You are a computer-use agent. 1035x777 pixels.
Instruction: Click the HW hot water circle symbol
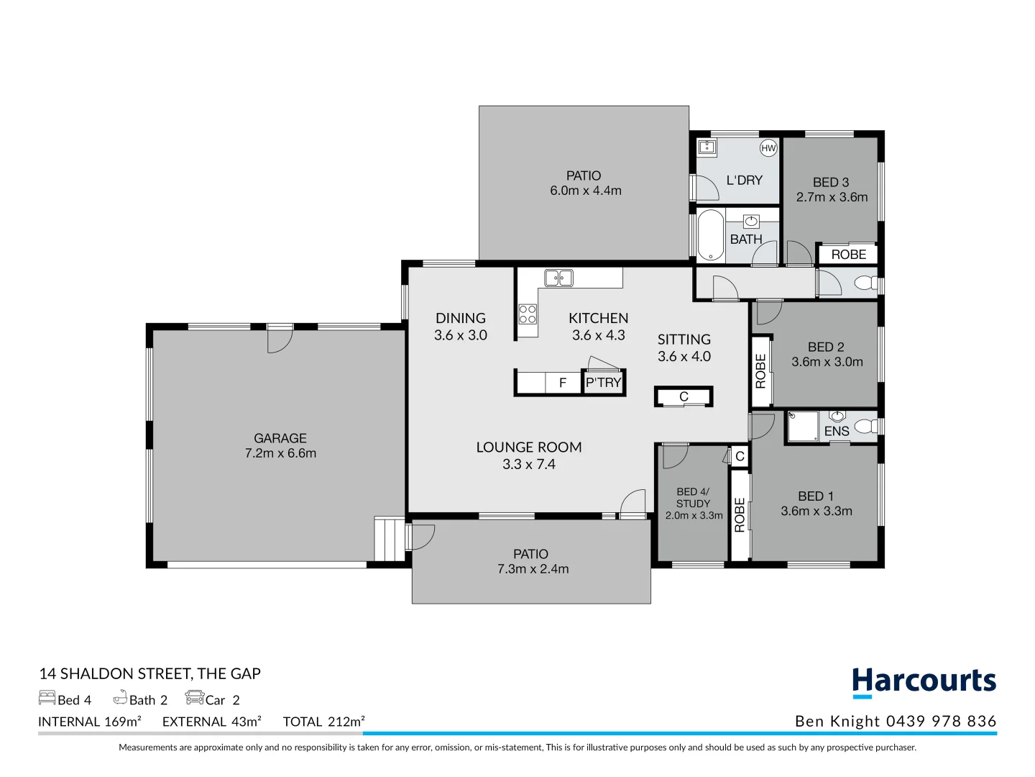pos(768,148)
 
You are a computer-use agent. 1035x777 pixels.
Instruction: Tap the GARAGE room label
pos(280,438)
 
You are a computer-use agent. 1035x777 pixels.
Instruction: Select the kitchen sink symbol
pos(558,278)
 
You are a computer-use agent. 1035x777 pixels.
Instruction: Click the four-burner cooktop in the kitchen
pos(528,314)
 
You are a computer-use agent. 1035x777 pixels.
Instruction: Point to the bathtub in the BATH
pos(711,235)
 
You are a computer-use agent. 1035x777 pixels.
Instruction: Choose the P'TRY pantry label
pos(603,383)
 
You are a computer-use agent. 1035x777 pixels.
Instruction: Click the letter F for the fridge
pos(563,383)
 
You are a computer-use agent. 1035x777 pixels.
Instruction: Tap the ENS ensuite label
pos(837,431)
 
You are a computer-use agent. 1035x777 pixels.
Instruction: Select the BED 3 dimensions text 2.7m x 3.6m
pos(832,197)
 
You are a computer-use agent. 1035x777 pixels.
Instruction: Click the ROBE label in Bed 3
pos(848,255)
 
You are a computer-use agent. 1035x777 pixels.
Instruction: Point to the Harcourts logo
pos(924,682)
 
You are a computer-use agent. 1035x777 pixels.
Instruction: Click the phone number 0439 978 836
pos(941,722)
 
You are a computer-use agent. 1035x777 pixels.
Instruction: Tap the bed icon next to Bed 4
pos(47,698)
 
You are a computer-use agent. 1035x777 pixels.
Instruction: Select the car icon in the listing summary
pos(194,698)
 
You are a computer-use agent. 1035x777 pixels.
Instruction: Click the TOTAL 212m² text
pos(323,722)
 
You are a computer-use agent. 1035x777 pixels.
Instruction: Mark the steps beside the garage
pos(389,539)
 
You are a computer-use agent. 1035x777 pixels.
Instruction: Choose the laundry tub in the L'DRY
pos(707,147)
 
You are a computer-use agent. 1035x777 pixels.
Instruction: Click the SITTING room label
pos(684,340)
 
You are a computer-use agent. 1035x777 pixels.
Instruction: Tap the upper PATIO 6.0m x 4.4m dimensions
pos(586,191)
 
